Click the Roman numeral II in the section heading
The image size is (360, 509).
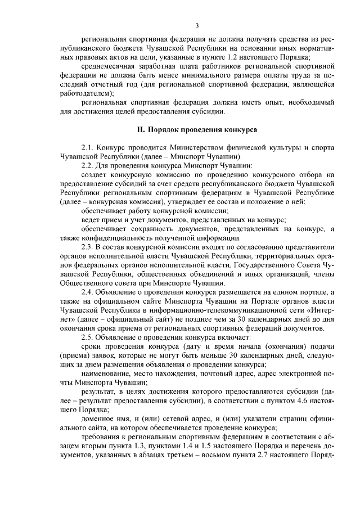pyautogui.click(x=141, y=130)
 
